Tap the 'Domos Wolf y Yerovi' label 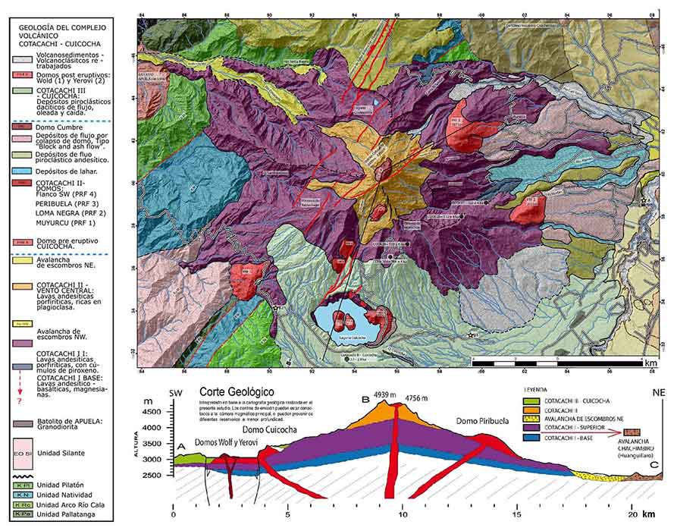tap(226, 442)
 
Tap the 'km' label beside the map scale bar tap(650, 363)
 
